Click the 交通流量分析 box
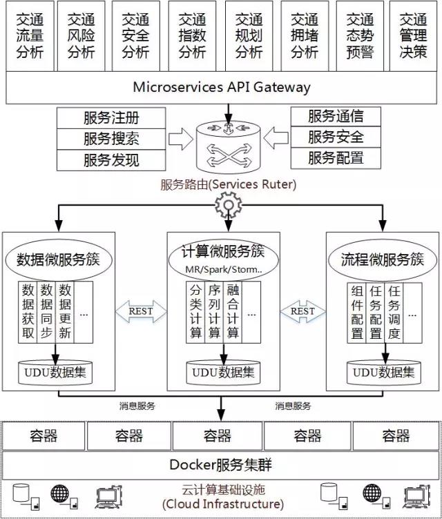click(30, 36)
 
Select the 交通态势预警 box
click(360, 36)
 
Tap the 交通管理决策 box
click(413, 36)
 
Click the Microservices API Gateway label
click(221, 87)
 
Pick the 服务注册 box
click(111, 118)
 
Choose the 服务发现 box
click(111, 160)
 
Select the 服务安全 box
click(336, 137)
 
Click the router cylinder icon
click(229, 147)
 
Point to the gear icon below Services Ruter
click(229, 205)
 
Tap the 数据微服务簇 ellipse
click(58, 259)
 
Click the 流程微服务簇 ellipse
click(383, 259)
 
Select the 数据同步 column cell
click(46, 312)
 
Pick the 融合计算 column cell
click(233, 312)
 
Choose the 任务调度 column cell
click(394, 313)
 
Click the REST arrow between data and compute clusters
click(141, 311)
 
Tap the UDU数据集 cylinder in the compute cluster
click(223, 373)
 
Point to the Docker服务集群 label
click(221, 464)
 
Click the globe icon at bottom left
click(60, 493)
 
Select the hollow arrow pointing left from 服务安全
click(276, 137)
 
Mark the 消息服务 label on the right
click(293, 406)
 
